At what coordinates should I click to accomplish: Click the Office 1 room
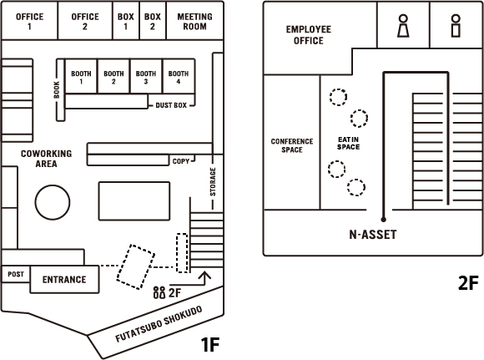point(29,21)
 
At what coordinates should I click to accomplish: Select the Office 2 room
point(85,21)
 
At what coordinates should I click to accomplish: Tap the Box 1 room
point(126,21)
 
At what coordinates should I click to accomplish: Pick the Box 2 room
point(153,21)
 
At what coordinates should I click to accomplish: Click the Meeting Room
point(194,21)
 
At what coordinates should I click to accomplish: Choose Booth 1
point(81,76)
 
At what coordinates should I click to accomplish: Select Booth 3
point(146,76)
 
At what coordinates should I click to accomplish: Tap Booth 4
point(179,76)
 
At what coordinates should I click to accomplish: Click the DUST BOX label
point(171,105)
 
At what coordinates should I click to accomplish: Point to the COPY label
point(181,161)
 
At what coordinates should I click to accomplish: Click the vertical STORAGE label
point(213,182)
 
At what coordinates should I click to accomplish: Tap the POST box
point(16,274)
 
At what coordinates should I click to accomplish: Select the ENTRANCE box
point(64,279)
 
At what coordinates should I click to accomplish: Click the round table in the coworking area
point(53,202)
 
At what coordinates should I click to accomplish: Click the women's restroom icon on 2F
point(403,26)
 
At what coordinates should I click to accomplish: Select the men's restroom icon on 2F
point(456,26)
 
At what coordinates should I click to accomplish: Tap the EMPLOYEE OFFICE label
point(309,35)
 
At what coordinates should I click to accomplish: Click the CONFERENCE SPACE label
point(292,145)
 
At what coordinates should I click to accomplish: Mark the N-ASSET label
point(372,235)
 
